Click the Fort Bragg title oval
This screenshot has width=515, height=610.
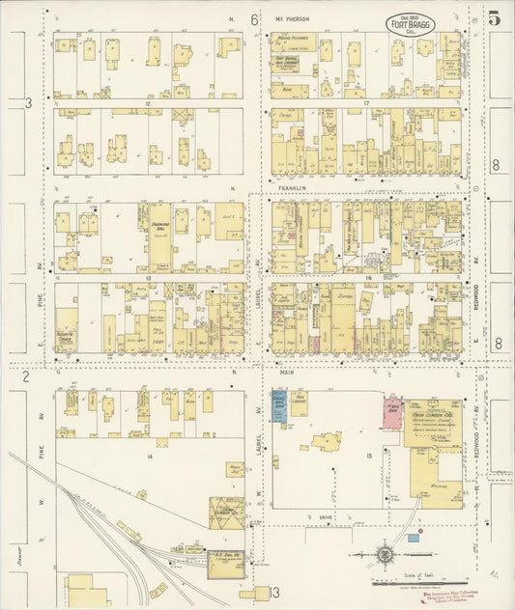click(411, 23)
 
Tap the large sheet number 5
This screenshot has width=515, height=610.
click(494, 17)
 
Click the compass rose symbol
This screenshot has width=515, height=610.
click(385, 554)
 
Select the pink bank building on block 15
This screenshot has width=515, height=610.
click(393, 407)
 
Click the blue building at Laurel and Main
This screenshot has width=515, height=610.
click(278, 404)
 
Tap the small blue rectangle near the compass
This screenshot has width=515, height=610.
click(413, 536)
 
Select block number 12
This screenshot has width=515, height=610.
click(148, 101)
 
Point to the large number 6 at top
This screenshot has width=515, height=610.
click(254, 19)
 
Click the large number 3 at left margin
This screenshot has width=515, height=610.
click(29, 102)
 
